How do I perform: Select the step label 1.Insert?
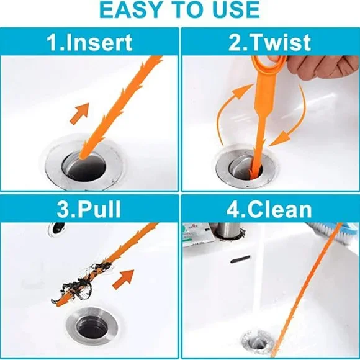(x=91, y=42)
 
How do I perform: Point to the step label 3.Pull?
(x=90, y=209)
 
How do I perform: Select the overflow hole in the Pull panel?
(x=56, y=230)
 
